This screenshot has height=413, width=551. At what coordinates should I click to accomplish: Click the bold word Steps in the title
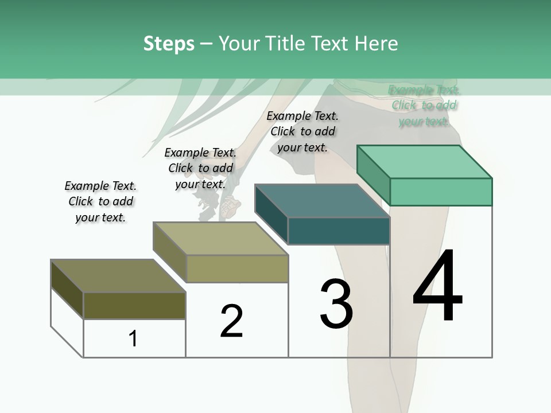[169, 44]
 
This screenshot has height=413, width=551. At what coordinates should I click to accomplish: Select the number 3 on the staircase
[336, 304]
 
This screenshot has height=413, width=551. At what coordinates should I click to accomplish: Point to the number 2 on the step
[232, 321]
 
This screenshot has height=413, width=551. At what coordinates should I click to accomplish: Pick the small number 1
[133, 339]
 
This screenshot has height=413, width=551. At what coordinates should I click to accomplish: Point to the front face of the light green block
[441, 192]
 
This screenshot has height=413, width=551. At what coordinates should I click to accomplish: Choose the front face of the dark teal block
[339, 231]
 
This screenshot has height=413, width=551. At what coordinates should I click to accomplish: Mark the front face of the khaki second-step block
[237, 268]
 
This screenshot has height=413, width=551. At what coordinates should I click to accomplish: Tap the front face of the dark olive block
[134, 305]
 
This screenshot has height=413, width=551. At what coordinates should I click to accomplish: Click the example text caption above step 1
[100, 201]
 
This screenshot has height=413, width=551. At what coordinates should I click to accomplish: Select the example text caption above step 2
[200, 168]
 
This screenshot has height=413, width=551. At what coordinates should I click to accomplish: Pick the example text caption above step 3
[302, 131]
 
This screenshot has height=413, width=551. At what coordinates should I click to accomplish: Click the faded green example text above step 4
[424, 106]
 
